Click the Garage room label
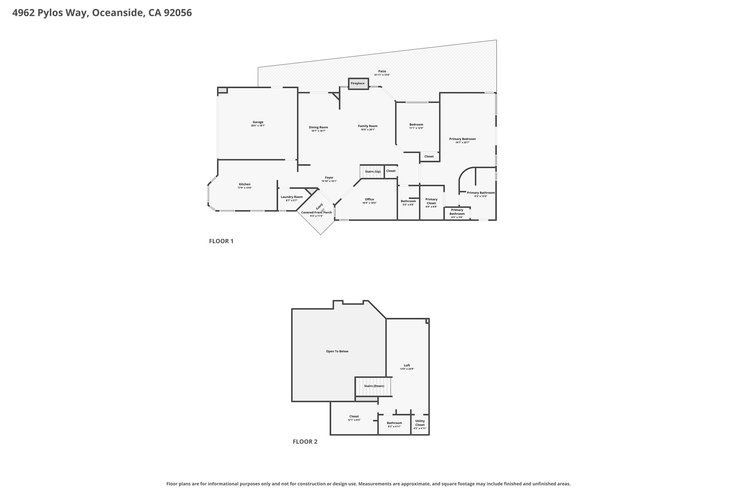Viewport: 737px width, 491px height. click(258, 122)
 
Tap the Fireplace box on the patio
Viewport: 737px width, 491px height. click(358, 83)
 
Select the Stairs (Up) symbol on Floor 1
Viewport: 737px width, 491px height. click(372, 172)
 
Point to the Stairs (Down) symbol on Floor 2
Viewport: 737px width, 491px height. click(374, 386)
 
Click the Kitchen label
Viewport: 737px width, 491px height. click(245, 185)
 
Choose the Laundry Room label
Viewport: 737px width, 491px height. click(291, 197)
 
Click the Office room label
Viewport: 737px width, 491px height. click(370, 199)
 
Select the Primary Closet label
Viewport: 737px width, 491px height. click(431, 201)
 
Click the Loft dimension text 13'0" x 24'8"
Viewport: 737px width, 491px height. click(407, 369)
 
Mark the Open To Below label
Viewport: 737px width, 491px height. click(337, 351)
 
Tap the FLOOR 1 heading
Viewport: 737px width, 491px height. click(221, 241)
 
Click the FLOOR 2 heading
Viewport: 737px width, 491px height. click(305, 442)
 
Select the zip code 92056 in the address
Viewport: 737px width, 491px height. click(178, 13)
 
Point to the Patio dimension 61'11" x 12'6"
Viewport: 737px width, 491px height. click(382, 75)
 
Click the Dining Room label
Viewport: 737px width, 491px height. click(318, 127)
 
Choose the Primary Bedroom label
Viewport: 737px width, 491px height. click(462, 139)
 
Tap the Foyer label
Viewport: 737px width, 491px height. click(329, 178)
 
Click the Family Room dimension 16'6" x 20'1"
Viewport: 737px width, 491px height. click(368, 129)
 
